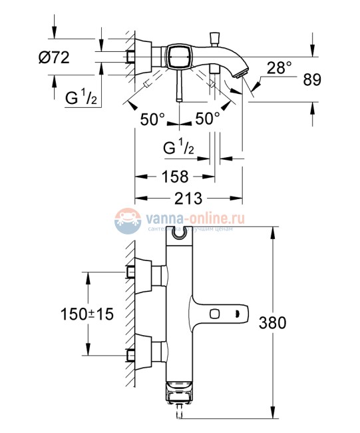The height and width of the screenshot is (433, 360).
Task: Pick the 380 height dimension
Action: [273, 323]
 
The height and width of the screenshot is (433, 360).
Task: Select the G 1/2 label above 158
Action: [179, 147]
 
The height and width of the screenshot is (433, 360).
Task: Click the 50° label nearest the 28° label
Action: [208, 119]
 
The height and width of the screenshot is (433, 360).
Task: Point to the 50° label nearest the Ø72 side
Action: [153, 119]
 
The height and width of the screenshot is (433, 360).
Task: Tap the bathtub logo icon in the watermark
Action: [126, 221]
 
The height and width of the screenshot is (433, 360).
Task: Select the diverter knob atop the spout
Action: [215, 37]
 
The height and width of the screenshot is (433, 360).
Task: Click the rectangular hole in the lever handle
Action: [216, 313]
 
